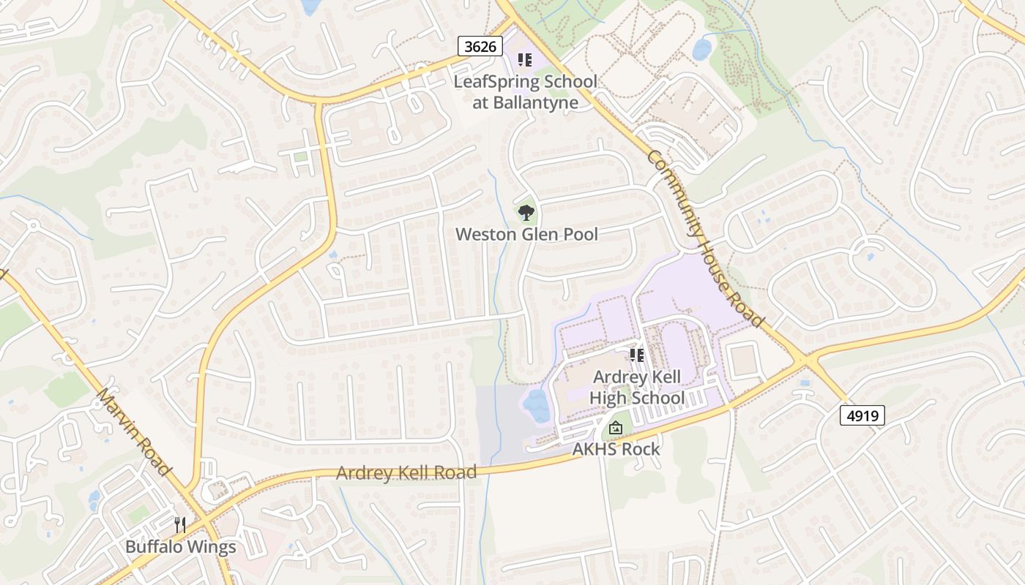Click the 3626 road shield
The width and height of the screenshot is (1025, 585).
tap(480, 46)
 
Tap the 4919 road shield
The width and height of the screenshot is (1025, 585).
tap(863, 416)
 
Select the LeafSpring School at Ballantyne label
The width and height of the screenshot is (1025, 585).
tap(525, 91)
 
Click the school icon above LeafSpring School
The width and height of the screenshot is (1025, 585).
tap(524, 60)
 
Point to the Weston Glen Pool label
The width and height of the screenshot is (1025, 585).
tap(526, 234)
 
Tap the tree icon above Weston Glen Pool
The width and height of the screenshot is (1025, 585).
tap(526, 213)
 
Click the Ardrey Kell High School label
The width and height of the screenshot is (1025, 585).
tap(636, 388)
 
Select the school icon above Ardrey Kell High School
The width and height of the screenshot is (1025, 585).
tap(636, 355)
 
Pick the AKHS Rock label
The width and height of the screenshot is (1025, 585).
tap(616, 449)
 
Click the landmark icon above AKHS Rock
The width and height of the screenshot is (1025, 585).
tap(616, 428)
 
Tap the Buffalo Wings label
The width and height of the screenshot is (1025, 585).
tap(180, 546)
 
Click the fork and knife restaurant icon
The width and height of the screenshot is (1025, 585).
tap(180, 524)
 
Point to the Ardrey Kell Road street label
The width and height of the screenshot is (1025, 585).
tap(406, 472)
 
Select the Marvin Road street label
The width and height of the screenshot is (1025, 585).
tap(133, 431)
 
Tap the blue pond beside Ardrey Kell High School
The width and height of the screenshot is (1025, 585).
tap(537, 406)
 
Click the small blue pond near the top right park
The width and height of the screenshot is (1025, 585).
tap(702, 49)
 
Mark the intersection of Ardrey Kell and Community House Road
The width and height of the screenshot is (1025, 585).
tap(805, 359)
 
